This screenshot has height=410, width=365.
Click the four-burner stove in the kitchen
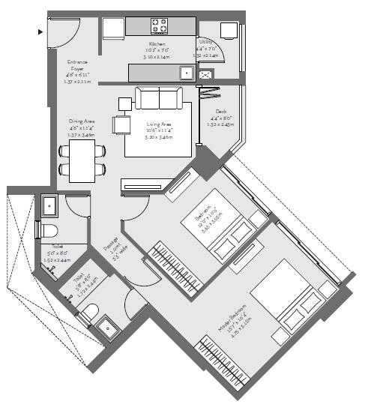pyautogui.click(x=160, y=25)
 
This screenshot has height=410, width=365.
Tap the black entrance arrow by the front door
pyautogui.click(x=40, y=31)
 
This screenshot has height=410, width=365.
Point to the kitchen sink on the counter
pyautogui.click(x=184, y=73)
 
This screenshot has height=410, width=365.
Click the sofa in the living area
pyautogui.click(x=157, y=98)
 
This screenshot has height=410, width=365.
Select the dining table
pyautogui.click(x=82, y=161)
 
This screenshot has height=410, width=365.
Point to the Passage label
pyautogui.click(x=115, y=246)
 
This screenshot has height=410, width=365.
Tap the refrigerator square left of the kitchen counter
pyautogui.click(x=113, y=28)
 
